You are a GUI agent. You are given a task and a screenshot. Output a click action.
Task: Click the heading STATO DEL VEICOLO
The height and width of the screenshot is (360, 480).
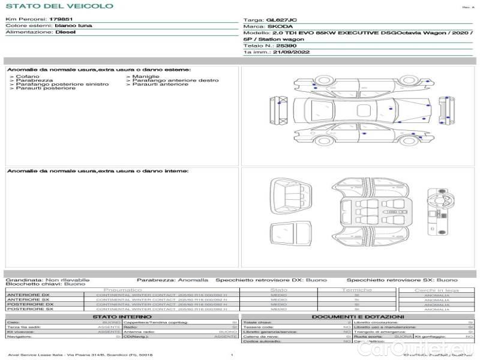point(59,6)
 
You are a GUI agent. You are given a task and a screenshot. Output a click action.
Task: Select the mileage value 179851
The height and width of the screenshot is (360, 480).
point(61,19)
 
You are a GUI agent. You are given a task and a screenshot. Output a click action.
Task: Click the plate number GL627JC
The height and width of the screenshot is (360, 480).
point(282,20)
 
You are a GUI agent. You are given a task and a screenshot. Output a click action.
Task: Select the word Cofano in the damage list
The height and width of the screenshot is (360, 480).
point(28,76)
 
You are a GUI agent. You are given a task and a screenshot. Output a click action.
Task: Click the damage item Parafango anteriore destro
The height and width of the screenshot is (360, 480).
point(175,80)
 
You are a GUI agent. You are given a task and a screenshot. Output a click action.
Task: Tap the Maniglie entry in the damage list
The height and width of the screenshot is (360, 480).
point(146,76)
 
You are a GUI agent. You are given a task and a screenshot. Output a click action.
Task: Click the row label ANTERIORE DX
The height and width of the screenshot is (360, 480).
point(28,295)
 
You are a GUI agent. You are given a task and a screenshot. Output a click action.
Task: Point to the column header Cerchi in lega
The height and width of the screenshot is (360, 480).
point(436,290)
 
